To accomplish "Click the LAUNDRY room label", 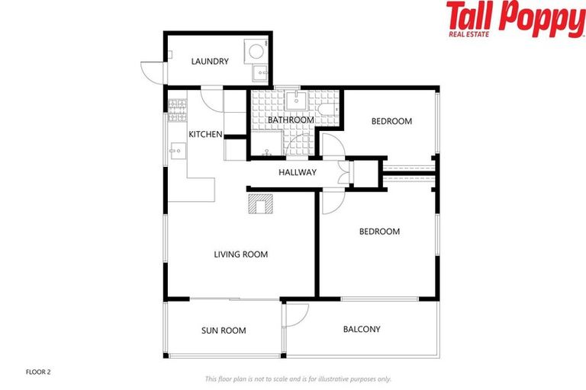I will point(210,62).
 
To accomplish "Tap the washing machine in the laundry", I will point(256,51).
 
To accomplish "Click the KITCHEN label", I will point(205,135).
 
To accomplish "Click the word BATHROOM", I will point(291,120).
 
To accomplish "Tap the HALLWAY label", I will point(297,172).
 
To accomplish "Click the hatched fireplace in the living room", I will point(260,203).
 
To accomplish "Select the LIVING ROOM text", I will point(240,254).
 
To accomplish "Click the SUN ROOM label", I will point(224,331).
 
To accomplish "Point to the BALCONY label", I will point(362,329).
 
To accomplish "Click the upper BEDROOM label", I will point(391,121).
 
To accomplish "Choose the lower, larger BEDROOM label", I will point(379,232).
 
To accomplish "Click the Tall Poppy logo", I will point(514,19).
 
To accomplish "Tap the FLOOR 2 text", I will point(37,372).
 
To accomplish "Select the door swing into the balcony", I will point(296,314).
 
